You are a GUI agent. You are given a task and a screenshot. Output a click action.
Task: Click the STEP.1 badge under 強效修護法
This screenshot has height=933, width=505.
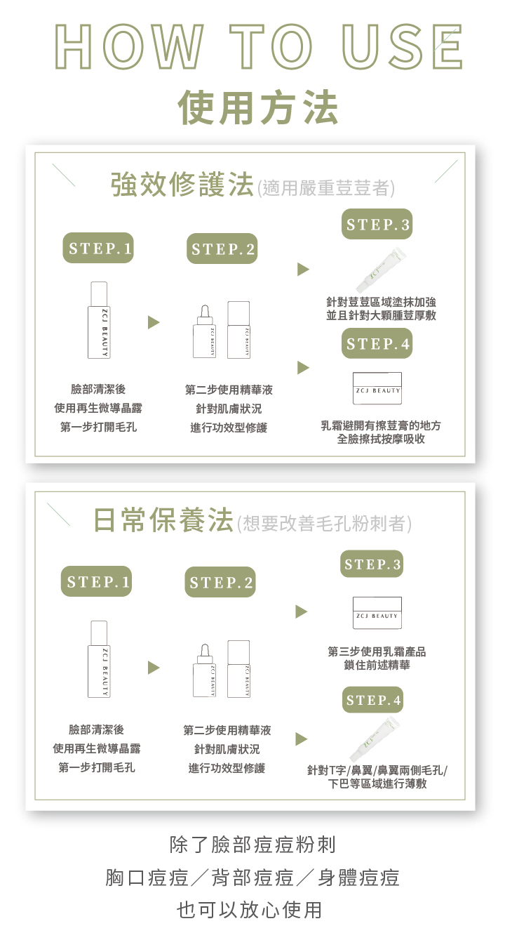(98, 248)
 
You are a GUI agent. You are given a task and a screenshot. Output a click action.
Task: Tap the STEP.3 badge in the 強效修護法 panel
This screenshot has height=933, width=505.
(377, 225)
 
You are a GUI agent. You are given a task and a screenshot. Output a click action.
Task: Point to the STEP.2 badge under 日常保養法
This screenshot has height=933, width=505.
(221, 583)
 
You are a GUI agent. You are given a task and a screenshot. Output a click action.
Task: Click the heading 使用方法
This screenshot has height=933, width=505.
(258, 107)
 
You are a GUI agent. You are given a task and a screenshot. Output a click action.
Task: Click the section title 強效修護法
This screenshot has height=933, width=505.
(182, 186)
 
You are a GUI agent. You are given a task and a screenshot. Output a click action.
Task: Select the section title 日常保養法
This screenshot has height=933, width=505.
(164, 521)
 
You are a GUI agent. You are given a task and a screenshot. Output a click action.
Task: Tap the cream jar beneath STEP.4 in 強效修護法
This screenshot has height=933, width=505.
(377, 388)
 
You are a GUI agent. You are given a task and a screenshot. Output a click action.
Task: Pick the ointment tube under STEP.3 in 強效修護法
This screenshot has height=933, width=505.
(380, 270)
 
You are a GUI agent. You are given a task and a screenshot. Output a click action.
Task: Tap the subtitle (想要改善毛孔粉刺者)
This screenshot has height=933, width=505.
(324, 524)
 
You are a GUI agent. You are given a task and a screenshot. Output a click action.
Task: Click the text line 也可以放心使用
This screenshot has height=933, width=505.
(250, 910)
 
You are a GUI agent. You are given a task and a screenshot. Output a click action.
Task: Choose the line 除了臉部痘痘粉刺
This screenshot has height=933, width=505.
(253, 843)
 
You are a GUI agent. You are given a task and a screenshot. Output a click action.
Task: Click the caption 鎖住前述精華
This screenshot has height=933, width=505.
(377, 665)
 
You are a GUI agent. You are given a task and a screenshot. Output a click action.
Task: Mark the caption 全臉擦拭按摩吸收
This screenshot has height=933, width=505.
(381, 439)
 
